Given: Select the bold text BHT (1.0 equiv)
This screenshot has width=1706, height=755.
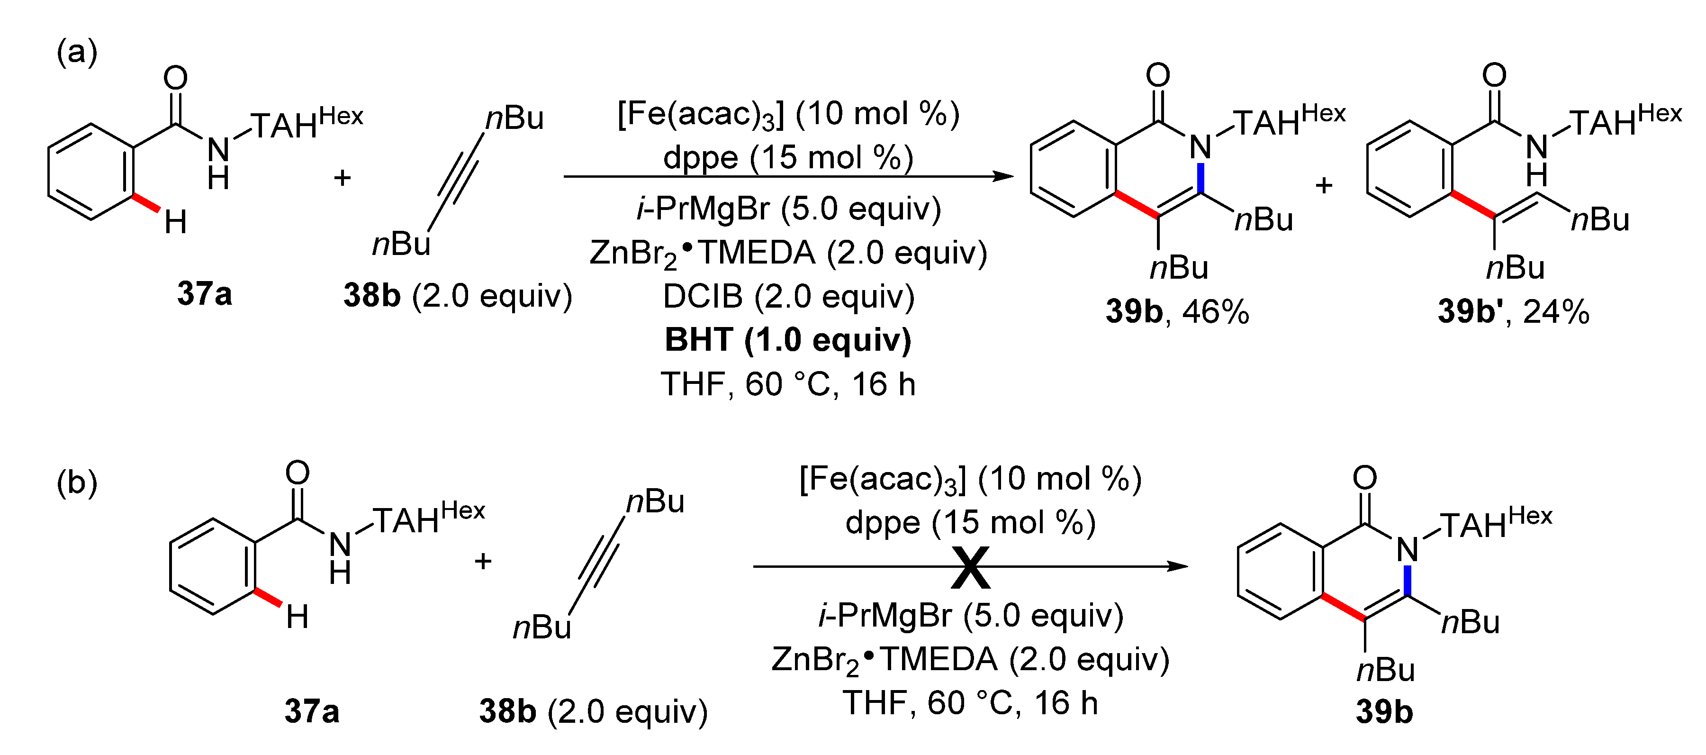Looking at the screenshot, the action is [788, 340].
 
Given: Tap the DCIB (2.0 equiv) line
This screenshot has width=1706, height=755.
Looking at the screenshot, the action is [788, 296].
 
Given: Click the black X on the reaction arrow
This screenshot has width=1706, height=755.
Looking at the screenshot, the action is [970, 568].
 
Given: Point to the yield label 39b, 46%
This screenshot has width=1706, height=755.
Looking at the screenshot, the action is [1177, 311].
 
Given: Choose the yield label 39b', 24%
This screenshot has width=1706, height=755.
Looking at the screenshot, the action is [1513, 311].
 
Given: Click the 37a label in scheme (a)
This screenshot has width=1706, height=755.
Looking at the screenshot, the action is [205, 293].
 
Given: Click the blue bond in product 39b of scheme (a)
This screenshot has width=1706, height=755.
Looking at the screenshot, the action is [1200, 177].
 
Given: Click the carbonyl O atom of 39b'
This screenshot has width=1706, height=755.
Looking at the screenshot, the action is [1494, 75].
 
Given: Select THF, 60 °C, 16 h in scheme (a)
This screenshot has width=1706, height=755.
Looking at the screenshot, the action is [788, 384].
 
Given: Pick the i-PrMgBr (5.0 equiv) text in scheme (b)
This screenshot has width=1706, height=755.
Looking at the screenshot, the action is [971, 616].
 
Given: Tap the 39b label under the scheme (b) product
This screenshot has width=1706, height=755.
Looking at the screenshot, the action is [1384, 712].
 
